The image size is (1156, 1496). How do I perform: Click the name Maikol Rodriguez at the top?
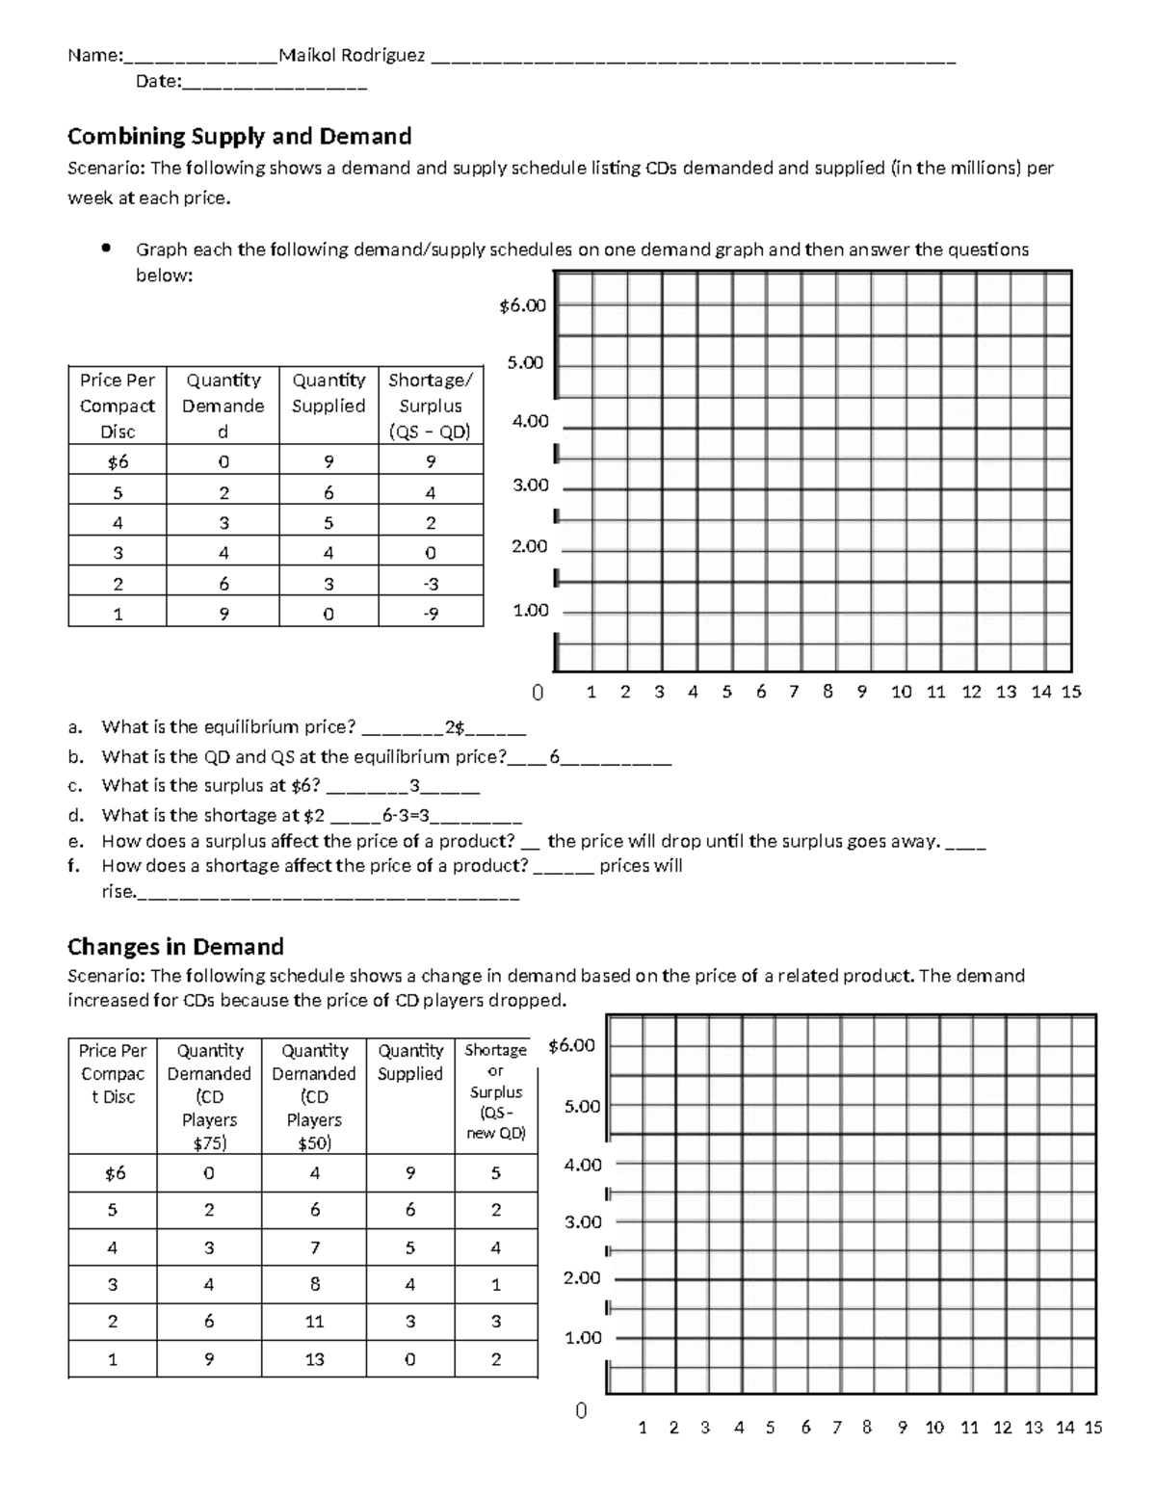coord(352,56)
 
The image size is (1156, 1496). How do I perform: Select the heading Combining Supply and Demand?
coord(239,136)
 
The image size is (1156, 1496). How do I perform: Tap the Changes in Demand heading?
coord(175,946)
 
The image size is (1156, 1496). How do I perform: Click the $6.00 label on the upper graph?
coord(522,306)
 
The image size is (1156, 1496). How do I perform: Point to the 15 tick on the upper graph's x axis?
coord(1071,692)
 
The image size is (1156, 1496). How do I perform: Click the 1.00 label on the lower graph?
coord(583,1337)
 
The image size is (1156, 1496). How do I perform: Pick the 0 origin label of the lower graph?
coord(580,1411)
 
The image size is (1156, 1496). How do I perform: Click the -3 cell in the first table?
coord(431,584)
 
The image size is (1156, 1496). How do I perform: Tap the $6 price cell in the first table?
coord(118,462)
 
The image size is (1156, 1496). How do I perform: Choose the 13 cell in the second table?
coord(314,1359)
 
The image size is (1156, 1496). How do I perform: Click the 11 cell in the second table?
coord(314,1322)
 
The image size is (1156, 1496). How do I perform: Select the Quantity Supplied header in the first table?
coord(328,393)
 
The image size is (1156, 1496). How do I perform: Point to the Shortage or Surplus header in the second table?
coord(496,1090)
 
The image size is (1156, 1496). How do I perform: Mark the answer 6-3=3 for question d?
coord(406,816)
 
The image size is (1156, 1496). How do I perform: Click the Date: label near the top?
coord(158,82)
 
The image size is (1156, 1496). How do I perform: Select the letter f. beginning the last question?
coord(74,866)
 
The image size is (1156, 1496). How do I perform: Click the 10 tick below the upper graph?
coord(901,692)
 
